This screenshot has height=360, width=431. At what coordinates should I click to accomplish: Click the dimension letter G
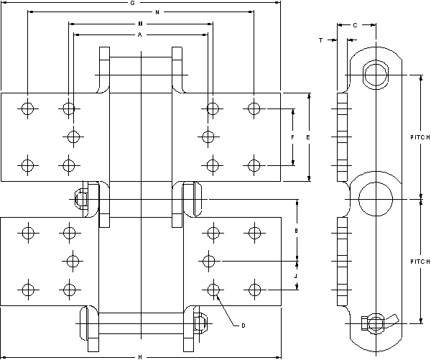click(133, 3)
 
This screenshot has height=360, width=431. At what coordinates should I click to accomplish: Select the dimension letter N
click(157, 13)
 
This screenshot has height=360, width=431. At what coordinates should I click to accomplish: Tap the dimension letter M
click(140, 24)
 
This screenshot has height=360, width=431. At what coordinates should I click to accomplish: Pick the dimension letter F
click(292, 137)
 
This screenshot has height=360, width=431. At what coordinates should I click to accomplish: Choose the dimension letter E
click(307, 137)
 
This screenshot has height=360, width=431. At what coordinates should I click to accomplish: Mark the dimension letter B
click(297, 230)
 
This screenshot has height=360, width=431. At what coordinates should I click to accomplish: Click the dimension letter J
click(297, 274)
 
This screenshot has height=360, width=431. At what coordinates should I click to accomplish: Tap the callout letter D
click(243, 326)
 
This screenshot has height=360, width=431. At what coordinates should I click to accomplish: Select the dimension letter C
click(356, 25)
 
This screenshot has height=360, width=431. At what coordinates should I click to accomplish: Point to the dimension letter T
click(320, 40)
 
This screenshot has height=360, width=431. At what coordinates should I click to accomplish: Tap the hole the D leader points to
click(212, 289)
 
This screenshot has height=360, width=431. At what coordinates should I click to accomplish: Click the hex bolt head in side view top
click(374, 74)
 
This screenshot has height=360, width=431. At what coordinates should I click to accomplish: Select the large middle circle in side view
click(374, 198)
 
